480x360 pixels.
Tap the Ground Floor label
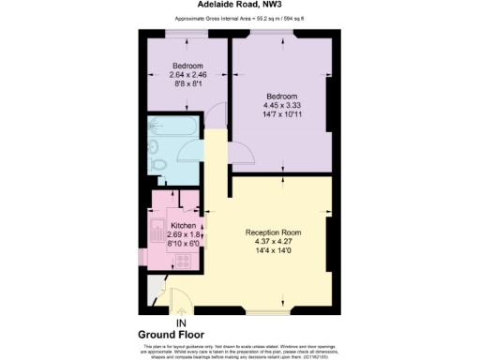(x=172, y=334)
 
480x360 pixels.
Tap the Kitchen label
(x=182, y=226)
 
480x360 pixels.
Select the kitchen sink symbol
(x=155, y=229)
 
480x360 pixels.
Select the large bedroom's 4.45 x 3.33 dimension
(x=281, y=106)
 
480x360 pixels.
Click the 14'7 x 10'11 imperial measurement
(x=281, y=115)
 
